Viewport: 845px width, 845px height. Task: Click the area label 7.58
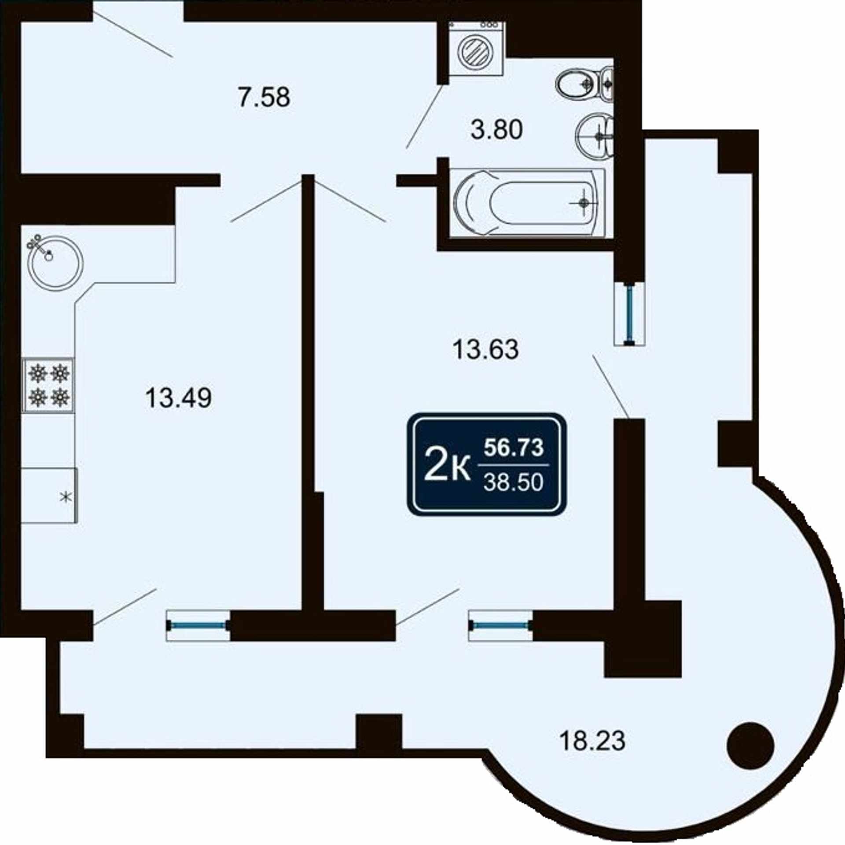pos(264,97)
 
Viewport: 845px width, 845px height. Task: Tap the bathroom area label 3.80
pos(496,130)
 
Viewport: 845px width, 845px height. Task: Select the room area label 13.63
pos(485,350)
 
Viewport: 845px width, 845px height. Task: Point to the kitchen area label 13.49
pos(178,398)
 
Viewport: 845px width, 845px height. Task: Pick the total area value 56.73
pos(514,448)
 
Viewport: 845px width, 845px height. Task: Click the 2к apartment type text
pos(446,468)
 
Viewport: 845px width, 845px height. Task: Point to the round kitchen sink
pos(55,262)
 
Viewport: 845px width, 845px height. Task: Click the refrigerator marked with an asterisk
pos(49,496)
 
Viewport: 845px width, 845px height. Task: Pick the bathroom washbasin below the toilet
pos(595,136)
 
